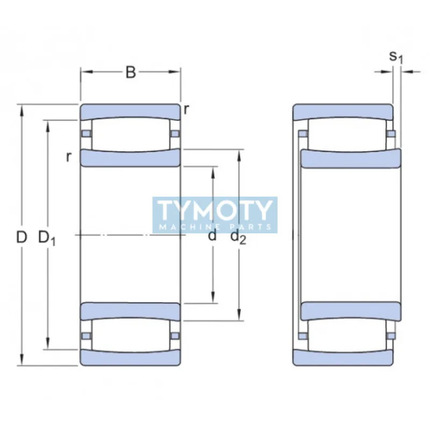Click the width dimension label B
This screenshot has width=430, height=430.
131,73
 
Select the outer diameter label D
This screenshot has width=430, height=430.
21,237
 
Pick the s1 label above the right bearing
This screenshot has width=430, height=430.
396,57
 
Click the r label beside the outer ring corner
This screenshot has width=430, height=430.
186,110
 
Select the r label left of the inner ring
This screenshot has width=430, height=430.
68,157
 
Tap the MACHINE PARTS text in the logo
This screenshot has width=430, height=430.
215,227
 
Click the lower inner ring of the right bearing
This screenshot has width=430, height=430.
350,311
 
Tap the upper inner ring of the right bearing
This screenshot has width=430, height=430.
350,159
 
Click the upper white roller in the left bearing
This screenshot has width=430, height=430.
130,133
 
